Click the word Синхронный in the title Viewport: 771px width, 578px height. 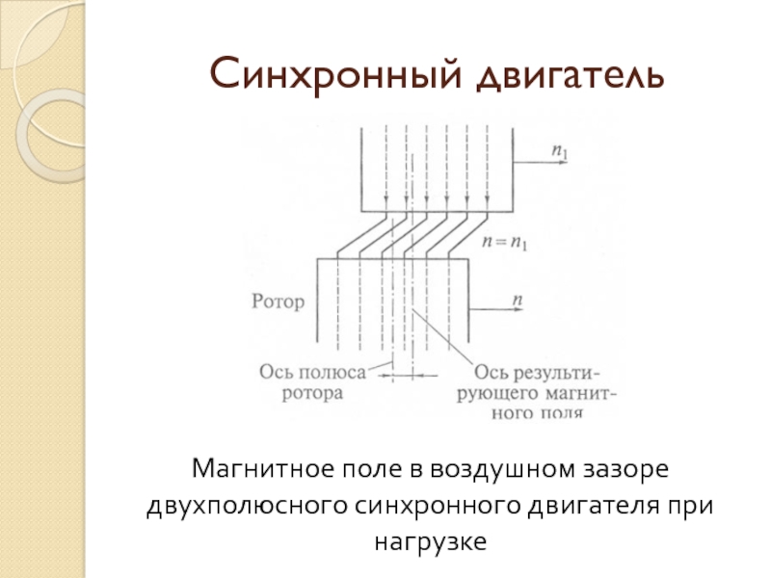tap(335, 75)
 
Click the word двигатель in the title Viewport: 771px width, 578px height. tap(571, 76)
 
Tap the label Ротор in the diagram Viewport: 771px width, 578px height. tap(279, 302)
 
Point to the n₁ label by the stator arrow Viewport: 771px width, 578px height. tap(560, 151)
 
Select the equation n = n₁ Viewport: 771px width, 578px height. tap(505, 243)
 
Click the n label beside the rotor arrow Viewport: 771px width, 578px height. tap(518, 300)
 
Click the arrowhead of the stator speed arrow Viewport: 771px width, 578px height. tap(565, 162)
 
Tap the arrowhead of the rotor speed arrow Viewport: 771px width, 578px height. tap(519, 309)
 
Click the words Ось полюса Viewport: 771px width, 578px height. tap(312, 373)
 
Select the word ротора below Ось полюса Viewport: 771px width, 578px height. tap(312, 393)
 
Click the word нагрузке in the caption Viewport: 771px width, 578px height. tap(430, 542)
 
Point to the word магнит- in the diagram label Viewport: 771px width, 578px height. tap(580, 394)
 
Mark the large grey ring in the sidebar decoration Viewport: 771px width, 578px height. tap(22, 136)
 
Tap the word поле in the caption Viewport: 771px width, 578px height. tap(373, 469)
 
